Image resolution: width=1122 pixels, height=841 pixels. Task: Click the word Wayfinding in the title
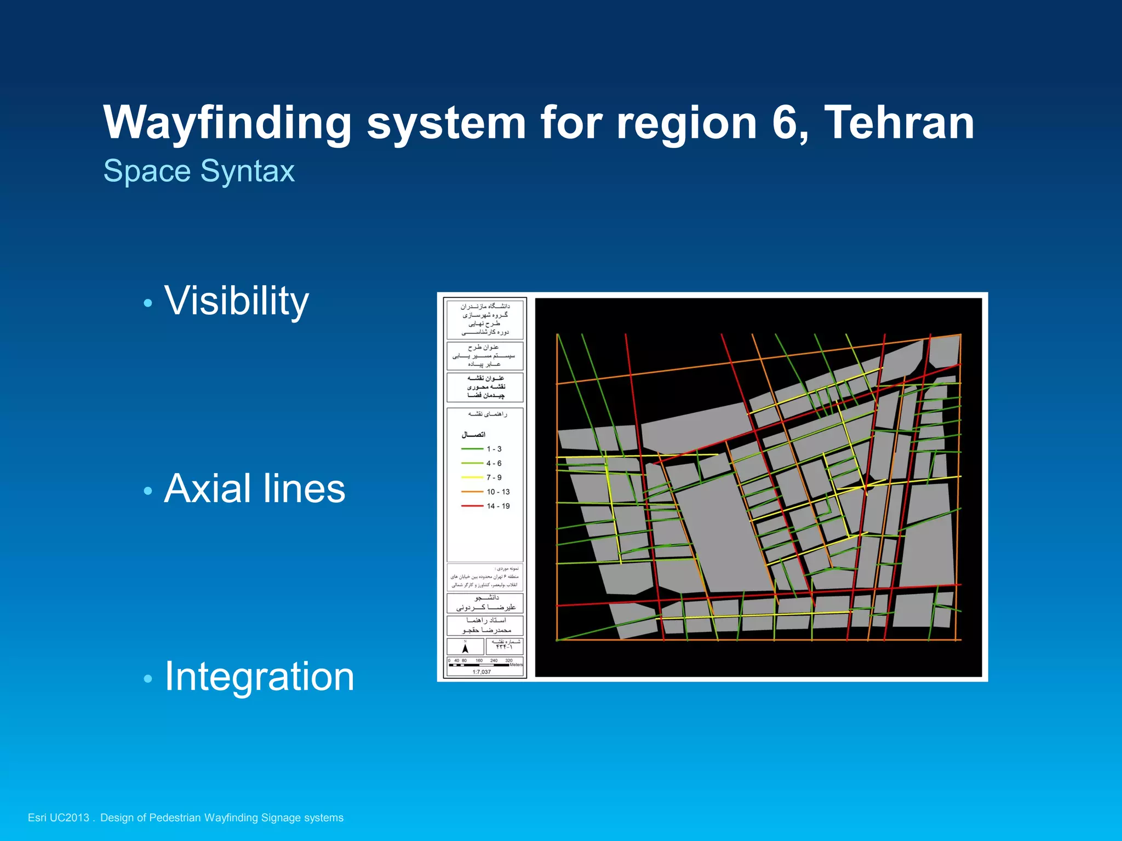[x=227, y=124]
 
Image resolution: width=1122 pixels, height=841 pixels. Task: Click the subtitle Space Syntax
[x=199, y=171]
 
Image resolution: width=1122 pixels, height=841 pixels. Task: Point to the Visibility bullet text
[x=237, y=301]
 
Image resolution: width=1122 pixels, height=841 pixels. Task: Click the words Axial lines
[x=255, y=488]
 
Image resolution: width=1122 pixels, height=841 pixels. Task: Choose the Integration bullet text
[x=259, y=677]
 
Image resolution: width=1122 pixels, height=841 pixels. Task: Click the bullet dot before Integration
[x=147, y=679]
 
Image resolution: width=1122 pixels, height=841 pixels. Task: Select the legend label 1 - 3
[x=494, y=449]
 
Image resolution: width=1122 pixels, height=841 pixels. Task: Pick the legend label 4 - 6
[x=494, y=463]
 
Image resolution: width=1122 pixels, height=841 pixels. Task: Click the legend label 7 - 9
[x=494, y=477]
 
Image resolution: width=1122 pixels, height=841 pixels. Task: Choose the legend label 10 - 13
[x=498, y=492]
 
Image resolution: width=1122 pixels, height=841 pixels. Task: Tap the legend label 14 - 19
[x=498, y=506]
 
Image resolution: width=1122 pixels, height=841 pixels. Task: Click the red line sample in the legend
[x=472, y=506]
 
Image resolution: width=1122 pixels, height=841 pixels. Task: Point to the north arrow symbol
[x=465, y=648]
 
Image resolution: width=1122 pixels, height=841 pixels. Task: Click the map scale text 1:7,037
[x=482, y=672]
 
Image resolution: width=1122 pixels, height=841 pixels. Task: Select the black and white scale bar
[x=479, y=665]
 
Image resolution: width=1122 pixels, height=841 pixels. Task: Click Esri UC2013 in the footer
[x=58, y=817]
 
